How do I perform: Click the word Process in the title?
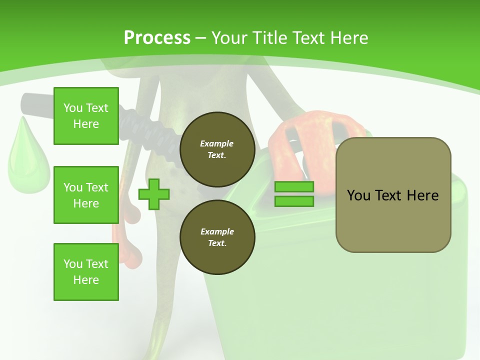157,37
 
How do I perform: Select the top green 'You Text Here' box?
86,116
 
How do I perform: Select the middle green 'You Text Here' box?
86,195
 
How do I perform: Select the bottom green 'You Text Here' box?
86,271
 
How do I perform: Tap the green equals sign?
294,194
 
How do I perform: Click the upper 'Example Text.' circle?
217,149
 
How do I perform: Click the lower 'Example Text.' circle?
217,237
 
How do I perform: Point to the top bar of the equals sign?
294,186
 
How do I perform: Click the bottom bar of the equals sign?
294,201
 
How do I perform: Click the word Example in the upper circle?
217,143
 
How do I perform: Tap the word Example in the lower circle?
217,231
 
